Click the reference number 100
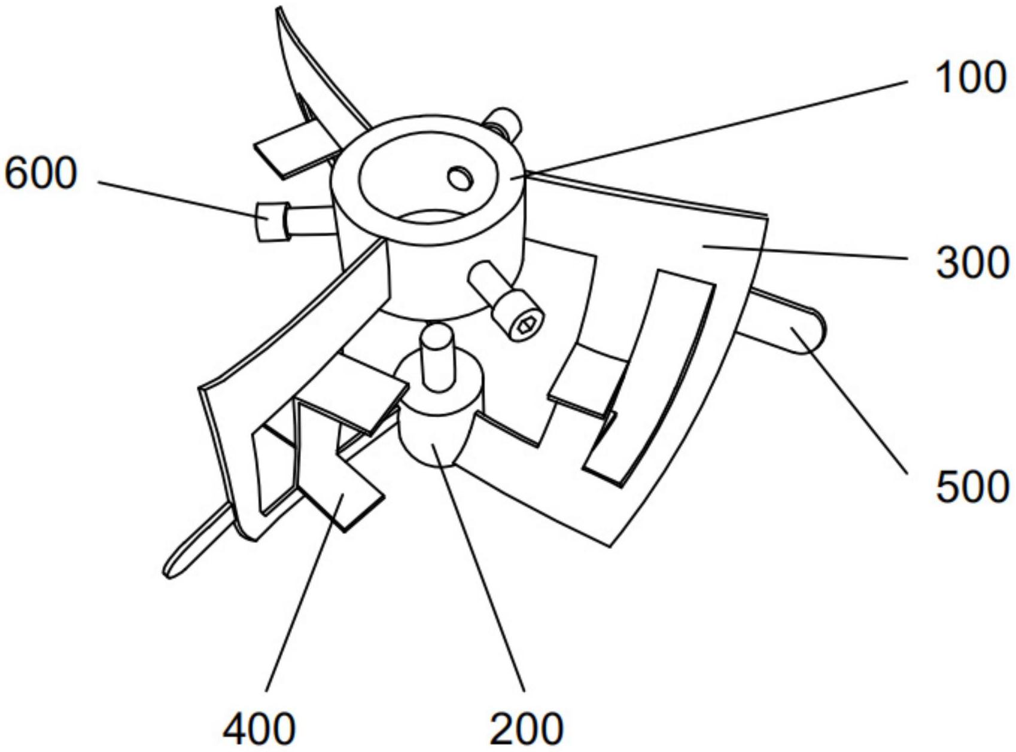(970, 78)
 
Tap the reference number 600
(41, 173)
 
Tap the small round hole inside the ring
(460, 178)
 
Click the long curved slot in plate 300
(652, 377)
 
